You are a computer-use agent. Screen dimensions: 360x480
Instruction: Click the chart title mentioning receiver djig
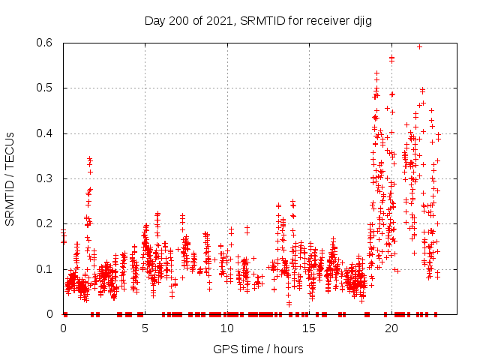pyautogui.click(x=258, y=20)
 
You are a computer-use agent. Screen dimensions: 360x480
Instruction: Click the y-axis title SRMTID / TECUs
pyautogui.click(x=10, y=178)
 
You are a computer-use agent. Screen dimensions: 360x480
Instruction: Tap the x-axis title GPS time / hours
pyautogui.click(x=258, y=349)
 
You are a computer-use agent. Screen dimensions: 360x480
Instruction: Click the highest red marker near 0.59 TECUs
pyautogui.click(x=420, y=46)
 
